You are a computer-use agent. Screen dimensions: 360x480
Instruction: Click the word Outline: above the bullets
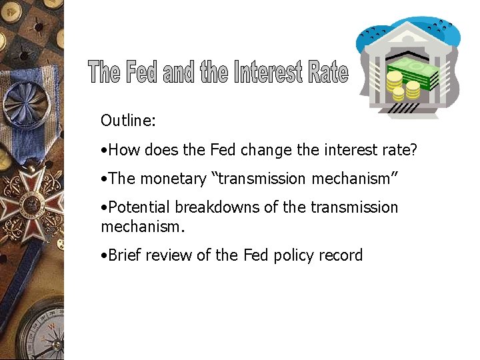[x=128, y=121]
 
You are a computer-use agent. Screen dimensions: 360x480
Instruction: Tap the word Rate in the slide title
[x=328, y=71]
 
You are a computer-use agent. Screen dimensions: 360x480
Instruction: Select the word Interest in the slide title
[x=268, y=71]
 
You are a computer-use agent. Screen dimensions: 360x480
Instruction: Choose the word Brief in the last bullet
[x=124, y=255]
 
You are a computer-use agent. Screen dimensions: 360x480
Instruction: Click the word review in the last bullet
[x=171, y=255]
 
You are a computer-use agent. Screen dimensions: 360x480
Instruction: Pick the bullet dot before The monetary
[x=103, y=179]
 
